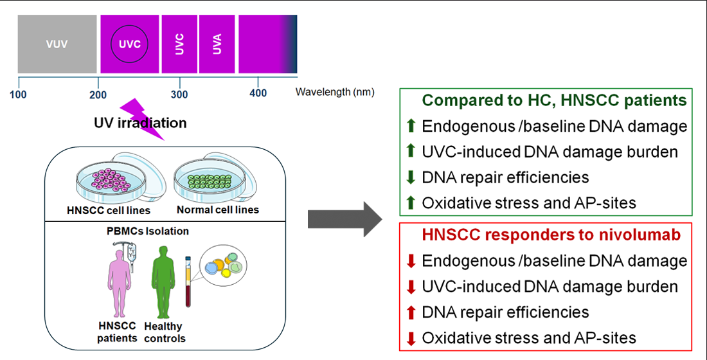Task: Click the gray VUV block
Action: tap(57, 44)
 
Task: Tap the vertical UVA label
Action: tap(217, 44)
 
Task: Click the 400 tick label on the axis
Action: tap(258, 94)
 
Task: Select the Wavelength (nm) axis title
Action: tap(335, 92)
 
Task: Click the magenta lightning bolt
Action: tap(144, 118)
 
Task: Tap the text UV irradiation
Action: tap(140, 123)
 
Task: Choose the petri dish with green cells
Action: tap(210, 184)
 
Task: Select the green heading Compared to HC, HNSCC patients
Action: tap(555, 101)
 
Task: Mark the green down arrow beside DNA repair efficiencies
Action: tap(411, 177)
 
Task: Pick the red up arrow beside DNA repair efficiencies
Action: tap(411, 312)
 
